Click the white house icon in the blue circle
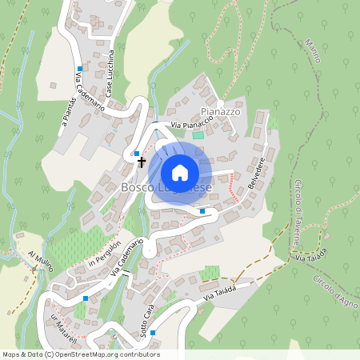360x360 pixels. (x=180, y=172)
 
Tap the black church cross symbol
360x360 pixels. (x=142, y=162)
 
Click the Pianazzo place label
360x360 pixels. (x=221, y=112)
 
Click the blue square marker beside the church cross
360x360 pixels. (x=137, y=153)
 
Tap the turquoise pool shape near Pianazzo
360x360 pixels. (x=198, y=133)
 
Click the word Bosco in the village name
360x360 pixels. (x=137, y=187)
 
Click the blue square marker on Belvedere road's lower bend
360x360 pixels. (x=202, y=211)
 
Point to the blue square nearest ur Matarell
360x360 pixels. (x=85, y=298)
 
